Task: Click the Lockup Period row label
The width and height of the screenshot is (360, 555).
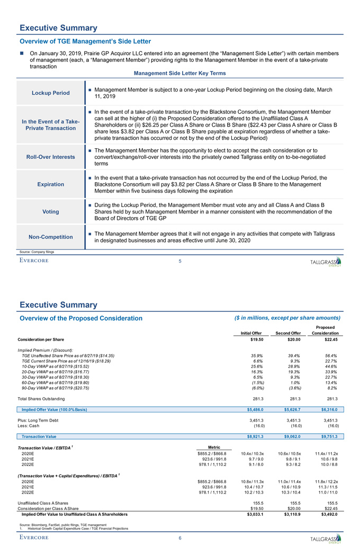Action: (51, 93)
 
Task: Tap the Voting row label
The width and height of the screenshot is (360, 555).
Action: (51, 211)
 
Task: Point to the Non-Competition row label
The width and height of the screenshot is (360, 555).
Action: (51, 237)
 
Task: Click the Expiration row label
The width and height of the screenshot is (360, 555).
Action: (51, 184)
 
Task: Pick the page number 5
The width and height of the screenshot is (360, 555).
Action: (179, 260)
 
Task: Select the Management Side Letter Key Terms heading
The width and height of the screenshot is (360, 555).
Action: (180, 73)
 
